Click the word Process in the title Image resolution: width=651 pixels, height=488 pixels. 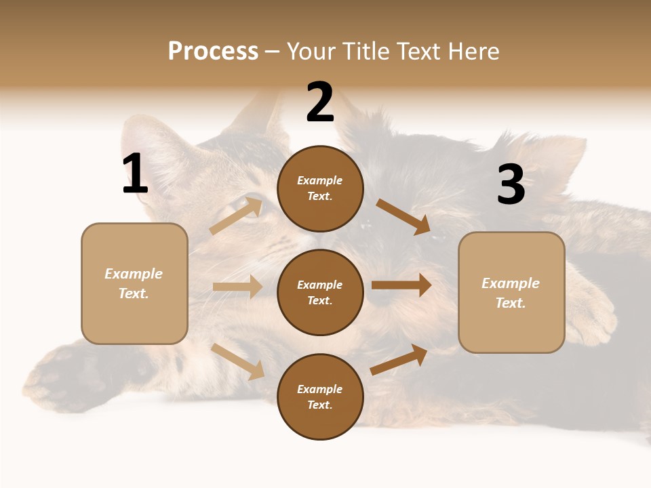213,52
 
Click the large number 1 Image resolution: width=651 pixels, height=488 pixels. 134,174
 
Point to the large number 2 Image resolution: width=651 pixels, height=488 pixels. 320,102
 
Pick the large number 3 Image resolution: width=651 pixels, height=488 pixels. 511,184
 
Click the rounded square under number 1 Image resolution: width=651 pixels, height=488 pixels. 134,283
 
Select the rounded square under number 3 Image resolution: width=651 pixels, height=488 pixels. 511,293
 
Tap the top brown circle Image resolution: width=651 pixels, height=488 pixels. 320,188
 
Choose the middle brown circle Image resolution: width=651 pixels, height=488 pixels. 320,292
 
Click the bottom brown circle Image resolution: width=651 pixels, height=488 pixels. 320,396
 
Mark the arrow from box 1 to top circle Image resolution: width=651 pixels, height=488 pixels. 236,216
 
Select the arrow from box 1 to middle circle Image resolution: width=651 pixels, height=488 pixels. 237,287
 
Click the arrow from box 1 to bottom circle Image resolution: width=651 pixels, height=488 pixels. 237,361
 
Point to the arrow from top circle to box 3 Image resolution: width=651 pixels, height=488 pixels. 403,216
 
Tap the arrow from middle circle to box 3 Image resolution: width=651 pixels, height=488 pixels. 401,285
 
